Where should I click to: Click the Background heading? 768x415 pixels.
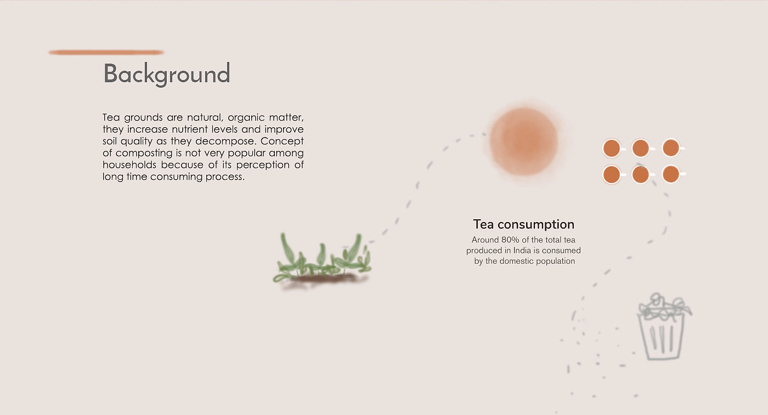167,73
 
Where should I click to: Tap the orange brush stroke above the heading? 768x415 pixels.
106,53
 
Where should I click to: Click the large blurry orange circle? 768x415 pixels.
523,141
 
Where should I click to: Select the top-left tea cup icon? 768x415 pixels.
612,149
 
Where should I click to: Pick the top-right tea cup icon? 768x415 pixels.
671,148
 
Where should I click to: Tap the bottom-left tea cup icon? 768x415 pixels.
612,174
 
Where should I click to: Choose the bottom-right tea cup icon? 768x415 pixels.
671,174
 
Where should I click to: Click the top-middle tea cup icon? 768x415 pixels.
641,149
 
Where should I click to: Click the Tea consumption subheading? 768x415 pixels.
523,224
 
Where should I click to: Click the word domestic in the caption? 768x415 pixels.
516,261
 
